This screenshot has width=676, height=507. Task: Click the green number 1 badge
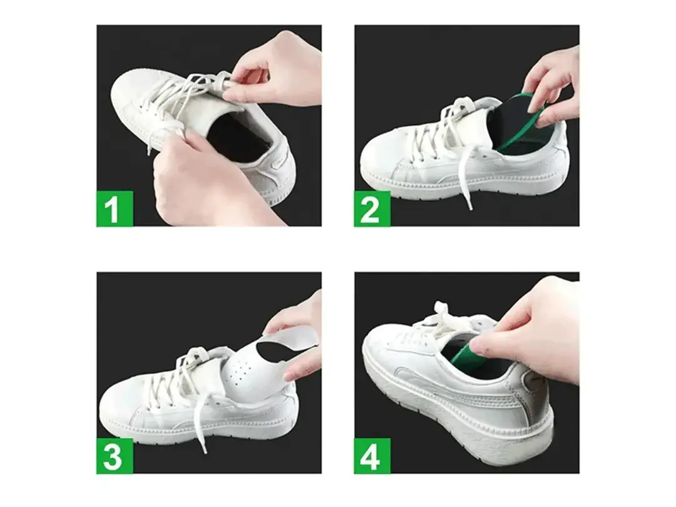115,208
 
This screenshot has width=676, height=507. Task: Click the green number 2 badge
372,208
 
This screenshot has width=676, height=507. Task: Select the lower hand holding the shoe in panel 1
200,182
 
